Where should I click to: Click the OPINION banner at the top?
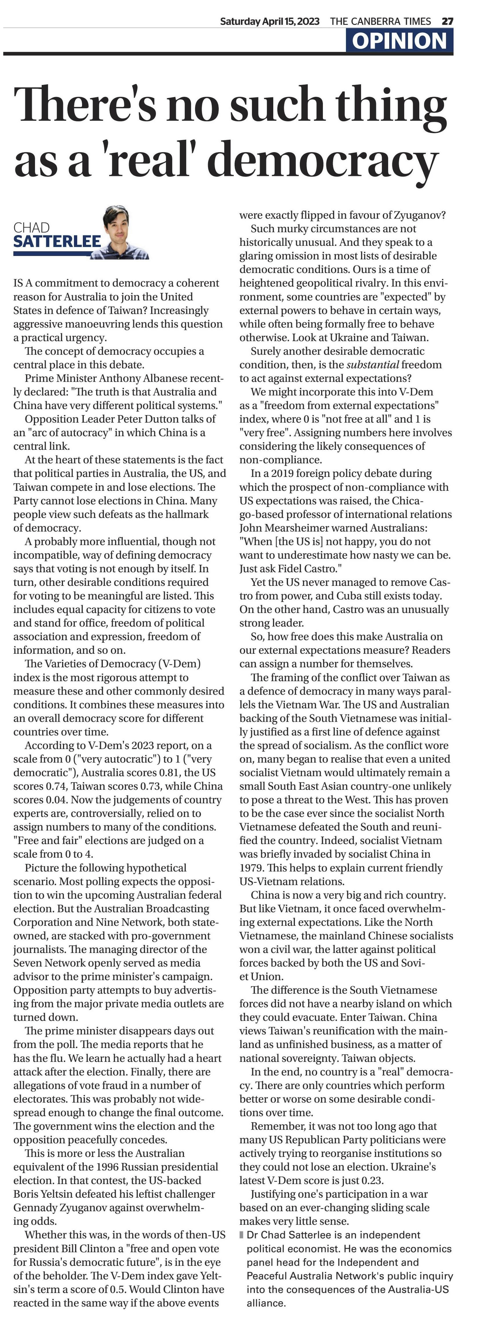[x=399, y=41]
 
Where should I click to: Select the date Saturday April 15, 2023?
[x=270, y=21]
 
